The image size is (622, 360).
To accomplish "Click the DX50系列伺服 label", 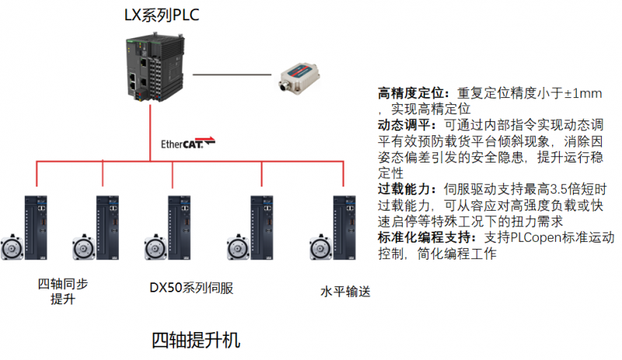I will (191, 288).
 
